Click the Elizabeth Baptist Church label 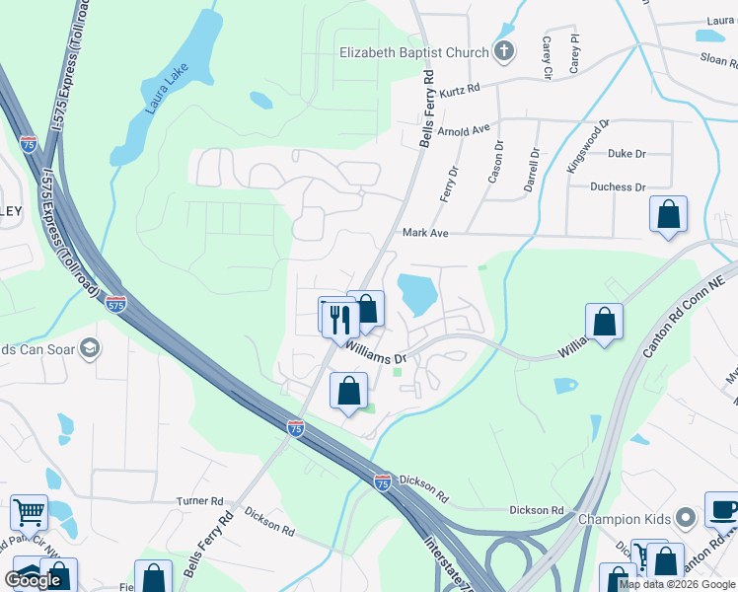(x=413, y=52)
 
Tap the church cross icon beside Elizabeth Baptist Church (x=503, y=52)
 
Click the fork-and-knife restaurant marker (x=336, y=317)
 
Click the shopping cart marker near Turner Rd (x=29, y=513)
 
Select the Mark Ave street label (x=425, y=233)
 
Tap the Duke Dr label (x=627, y=154)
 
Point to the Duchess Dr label (x=618, y=186)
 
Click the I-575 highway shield (x=115, y=303)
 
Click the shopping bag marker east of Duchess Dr (x=668, y=214)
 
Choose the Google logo (x=34, y=580)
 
